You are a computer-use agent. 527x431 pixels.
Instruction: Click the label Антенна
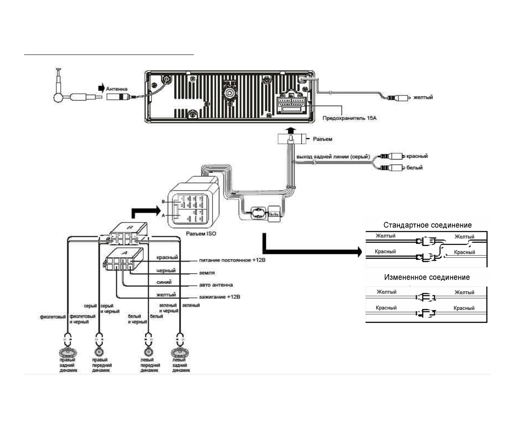pos(116,89)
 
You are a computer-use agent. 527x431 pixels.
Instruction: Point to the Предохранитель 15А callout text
pos(349,118)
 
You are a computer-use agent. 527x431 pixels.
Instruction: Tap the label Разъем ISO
pos(201,234)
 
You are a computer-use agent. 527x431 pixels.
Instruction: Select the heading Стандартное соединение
pos(427,225)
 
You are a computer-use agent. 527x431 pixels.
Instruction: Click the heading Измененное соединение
pos(427,278)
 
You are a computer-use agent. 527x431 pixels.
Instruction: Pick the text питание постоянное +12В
pos(232,260)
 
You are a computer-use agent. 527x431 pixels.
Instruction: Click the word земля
pos(207,273)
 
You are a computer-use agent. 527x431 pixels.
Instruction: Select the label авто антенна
pos(216,285)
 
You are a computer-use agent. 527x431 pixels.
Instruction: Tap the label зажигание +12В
pos(219,297)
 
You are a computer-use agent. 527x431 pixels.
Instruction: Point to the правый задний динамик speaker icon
pos(67,352)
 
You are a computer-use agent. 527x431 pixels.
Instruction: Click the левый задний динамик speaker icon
pos(180,352)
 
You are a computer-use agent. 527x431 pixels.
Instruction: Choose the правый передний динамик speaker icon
pos(99,352)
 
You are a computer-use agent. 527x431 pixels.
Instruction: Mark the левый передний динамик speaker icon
pos(148,352)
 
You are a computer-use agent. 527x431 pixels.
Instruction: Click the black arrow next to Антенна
pos(101,88)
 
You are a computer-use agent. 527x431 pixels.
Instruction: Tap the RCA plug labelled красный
pos(396,156)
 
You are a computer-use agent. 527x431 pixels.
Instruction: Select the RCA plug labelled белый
pos(396,168)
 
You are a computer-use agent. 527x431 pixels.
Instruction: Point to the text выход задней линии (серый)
pos(333,157)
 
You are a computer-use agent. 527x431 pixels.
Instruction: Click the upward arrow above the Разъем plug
pos(290,129)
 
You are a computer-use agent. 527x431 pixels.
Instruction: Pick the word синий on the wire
pos(164,282)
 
